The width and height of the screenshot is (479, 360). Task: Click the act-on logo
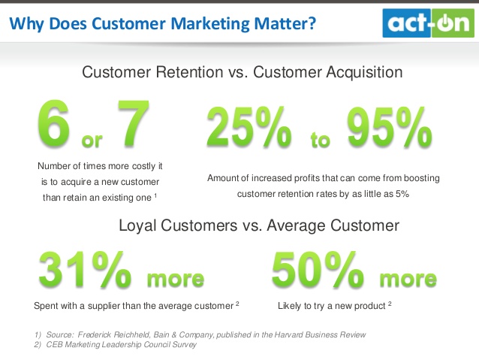(x=428, y=23)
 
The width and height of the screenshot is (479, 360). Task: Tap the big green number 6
(x=54, y=123)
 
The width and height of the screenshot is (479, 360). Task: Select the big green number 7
(x=134, y=123)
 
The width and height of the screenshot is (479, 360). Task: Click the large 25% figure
(x=249, y=127)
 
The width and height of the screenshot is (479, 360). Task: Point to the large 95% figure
(x=390, y=127)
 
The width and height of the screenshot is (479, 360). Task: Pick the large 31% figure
(x=85, y=270)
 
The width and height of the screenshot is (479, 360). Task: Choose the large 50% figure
(x=318, y=270)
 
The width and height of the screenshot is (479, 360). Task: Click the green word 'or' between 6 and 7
(x=92, y=141)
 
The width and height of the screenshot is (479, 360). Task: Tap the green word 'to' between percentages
(x=320, y=140)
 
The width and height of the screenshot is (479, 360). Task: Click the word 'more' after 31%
(x=176, y=279)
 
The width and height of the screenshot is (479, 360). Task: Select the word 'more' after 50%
(x=408, y=279)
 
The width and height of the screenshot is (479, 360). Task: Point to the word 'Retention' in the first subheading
(x=189, y=72)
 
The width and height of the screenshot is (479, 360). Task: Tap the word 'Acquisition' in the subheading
(x=364, y=72)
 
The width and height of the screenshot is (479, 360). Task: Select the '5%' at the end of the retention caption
(x=402, y=194)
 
